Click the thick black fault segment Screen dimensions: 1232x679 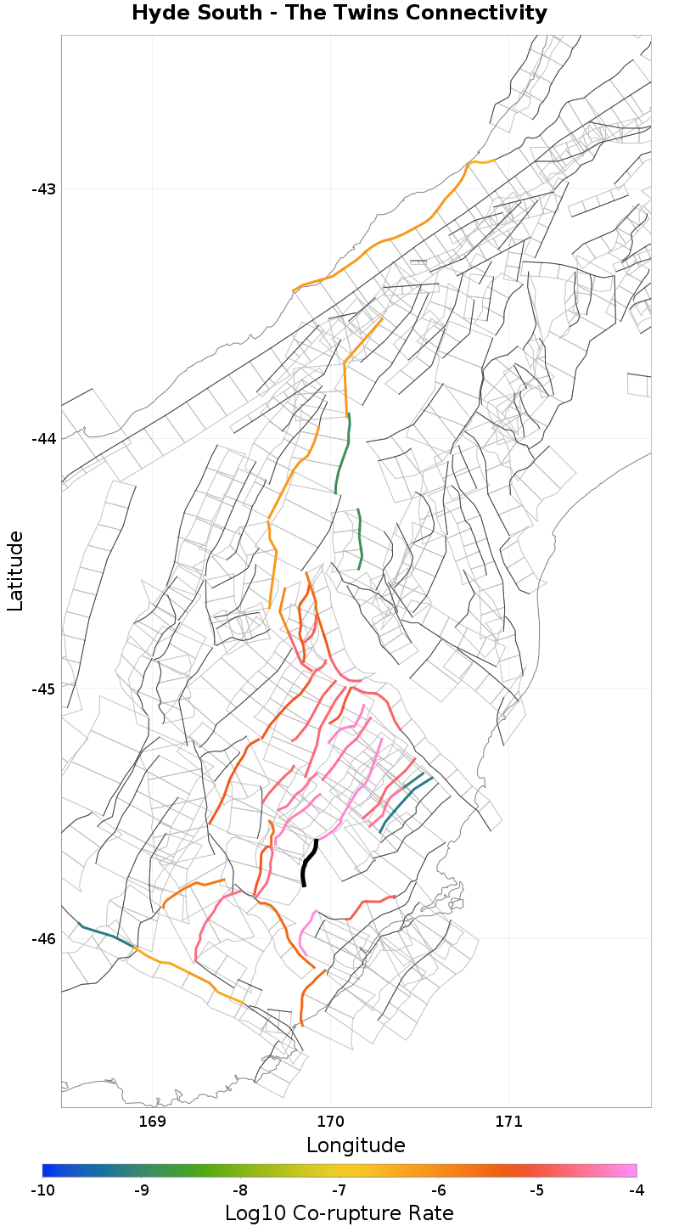pyautogui.click(x=308, y=863)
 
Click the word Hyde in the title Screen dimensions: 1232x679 pyautogui.click(x=166, y=14)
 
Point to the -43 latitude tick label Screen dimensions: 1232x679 pyautogui.click(x=43, y=188)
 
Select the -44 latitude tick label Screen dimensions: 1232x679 pyautogui.click(x=43, y=438)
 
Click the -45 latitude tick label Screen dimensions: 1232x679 pyautogui.click(x=43, y=688)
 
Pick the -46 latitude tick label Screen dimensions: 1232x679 pyautogui.click(x=43, y=938)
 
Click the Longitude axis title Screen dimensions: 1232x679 pyautogui.click(x=356, y=1145)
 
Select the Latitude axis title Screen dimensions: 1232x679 pyautogui.click(x=15, y=571)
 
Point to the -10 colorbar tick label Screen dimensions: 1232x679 pyautogui.click(x=42, y=1190)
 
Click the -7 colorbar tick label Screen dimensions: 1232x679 pyautogui.click(x=339, y=1190)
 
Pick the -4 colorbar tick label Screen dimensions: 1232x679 pyautogui.click(x=636, y=1190)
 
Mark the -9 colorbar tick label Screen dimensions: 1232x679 pyautogui.click(x=142, y=1190)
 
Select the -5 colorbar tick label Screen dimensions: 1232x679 pyautogui.click(x=537, y=1190)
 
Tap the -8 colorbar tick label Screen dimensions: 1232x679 pyautogui.click(x=240, y=1190)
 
